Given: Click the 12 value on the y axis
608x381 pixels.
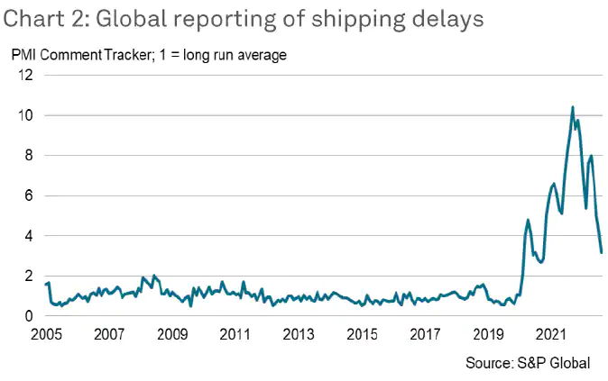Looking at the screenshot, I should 24,76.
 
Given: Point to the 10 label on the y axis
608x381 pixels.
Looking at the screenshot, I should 24,116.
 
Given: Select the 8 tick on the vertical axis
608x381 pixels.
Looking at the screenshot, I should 28,156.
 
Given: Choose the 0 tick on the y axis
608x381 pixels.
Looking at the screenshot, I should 28,316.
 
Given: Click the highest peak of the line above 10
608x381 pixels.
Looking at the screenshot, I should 573,107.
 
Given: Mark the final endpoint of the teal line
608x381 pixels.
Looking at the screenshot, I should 602,252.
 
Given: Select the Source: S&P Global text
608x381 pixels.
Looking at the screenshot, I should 528,363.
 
